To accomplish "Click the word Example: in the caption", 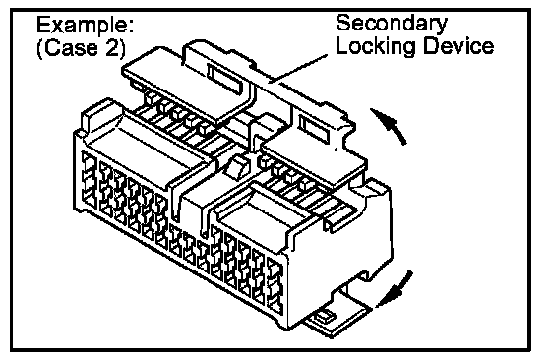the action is click(x=85, y=27).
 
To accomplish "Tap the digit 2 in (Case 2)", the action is click(x=112, y=48).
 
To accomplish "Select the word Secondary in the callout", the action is click(x=392, y=25).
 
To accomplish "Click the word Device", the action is click(x=458, y=45).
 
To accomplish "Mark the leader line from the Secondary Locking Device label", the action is click(x=298, y=69).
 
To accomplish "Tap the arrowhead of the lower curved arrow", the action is click(x=390, y=296).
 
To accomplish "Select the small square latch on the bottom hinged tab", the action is click(x=324, y=316).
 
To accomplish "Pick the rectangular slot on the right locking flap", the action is click(x=314, y=129).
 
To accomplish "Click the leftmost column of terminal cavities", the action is click(x=88, y=180).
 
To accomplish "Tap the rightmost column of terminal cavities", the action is click(x=275, y=286).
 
